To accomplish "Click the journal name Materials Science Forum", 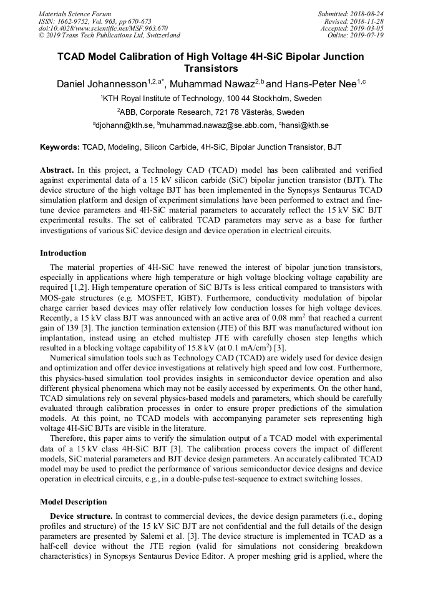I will tap(75, 14).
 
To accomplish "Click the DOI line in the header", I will tap(103, 28).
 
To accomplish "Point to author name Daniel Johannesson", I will tap(101, 84).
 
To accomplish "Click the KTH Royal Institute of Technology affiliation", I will tap(211, 99).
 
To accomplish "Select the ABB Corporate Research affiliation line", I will tap(211, 112).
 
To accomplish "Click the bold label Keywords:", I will tap(60, 147).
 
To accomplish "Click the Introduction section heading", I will tap(63, 253).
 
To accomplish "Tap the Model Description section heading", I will tap(73, 501).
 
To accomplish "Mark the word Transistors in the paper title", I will tap(211, 68).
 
